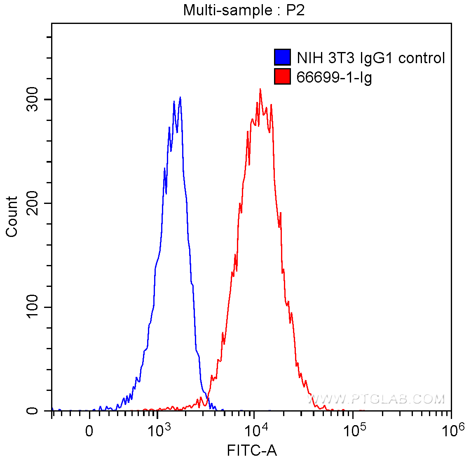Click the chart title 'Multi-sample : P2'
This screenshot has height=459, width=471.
[244, 10]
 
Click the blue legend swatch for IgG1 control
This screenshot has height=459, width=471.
[282, 57]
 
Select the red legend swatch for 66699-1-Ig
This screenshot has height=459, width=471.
[282, 76]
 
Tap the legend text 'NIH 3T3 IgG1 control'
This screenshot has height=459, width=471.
[371, 58]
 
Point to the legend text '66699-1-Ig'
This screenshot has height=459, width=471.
[334, 77]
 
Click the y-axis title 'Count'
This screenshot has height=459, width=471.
[12, 217]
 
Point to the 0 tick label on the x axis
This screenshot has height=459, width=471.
[89, 431]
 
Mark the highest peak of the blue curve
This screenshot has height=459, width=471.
[180, 97]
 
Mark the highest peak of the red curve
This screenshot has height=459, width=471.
[260, 89]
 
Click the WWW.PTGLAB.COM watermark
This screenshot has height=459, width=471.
[377, 399]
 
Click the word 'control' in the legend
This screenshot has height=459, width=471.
[422, 58]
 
